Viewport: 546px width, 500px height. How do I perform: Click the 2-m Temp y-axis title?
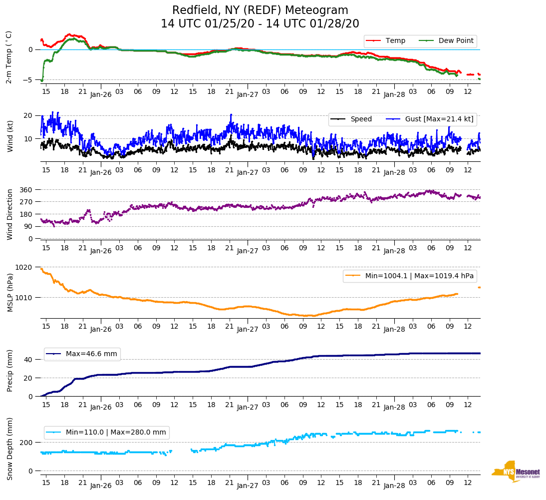pos(9,57)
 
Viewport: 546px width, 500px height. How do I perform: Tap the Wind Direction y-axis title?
pos(9,214)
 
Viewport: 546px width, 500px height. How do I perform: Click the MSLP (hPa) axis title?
pos(9,292)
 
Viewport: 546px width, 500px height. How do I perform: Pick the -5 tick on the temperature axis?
pos(29,80)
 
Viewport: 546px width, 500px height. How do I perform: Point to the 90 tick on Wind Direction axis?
pos(28,227)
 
